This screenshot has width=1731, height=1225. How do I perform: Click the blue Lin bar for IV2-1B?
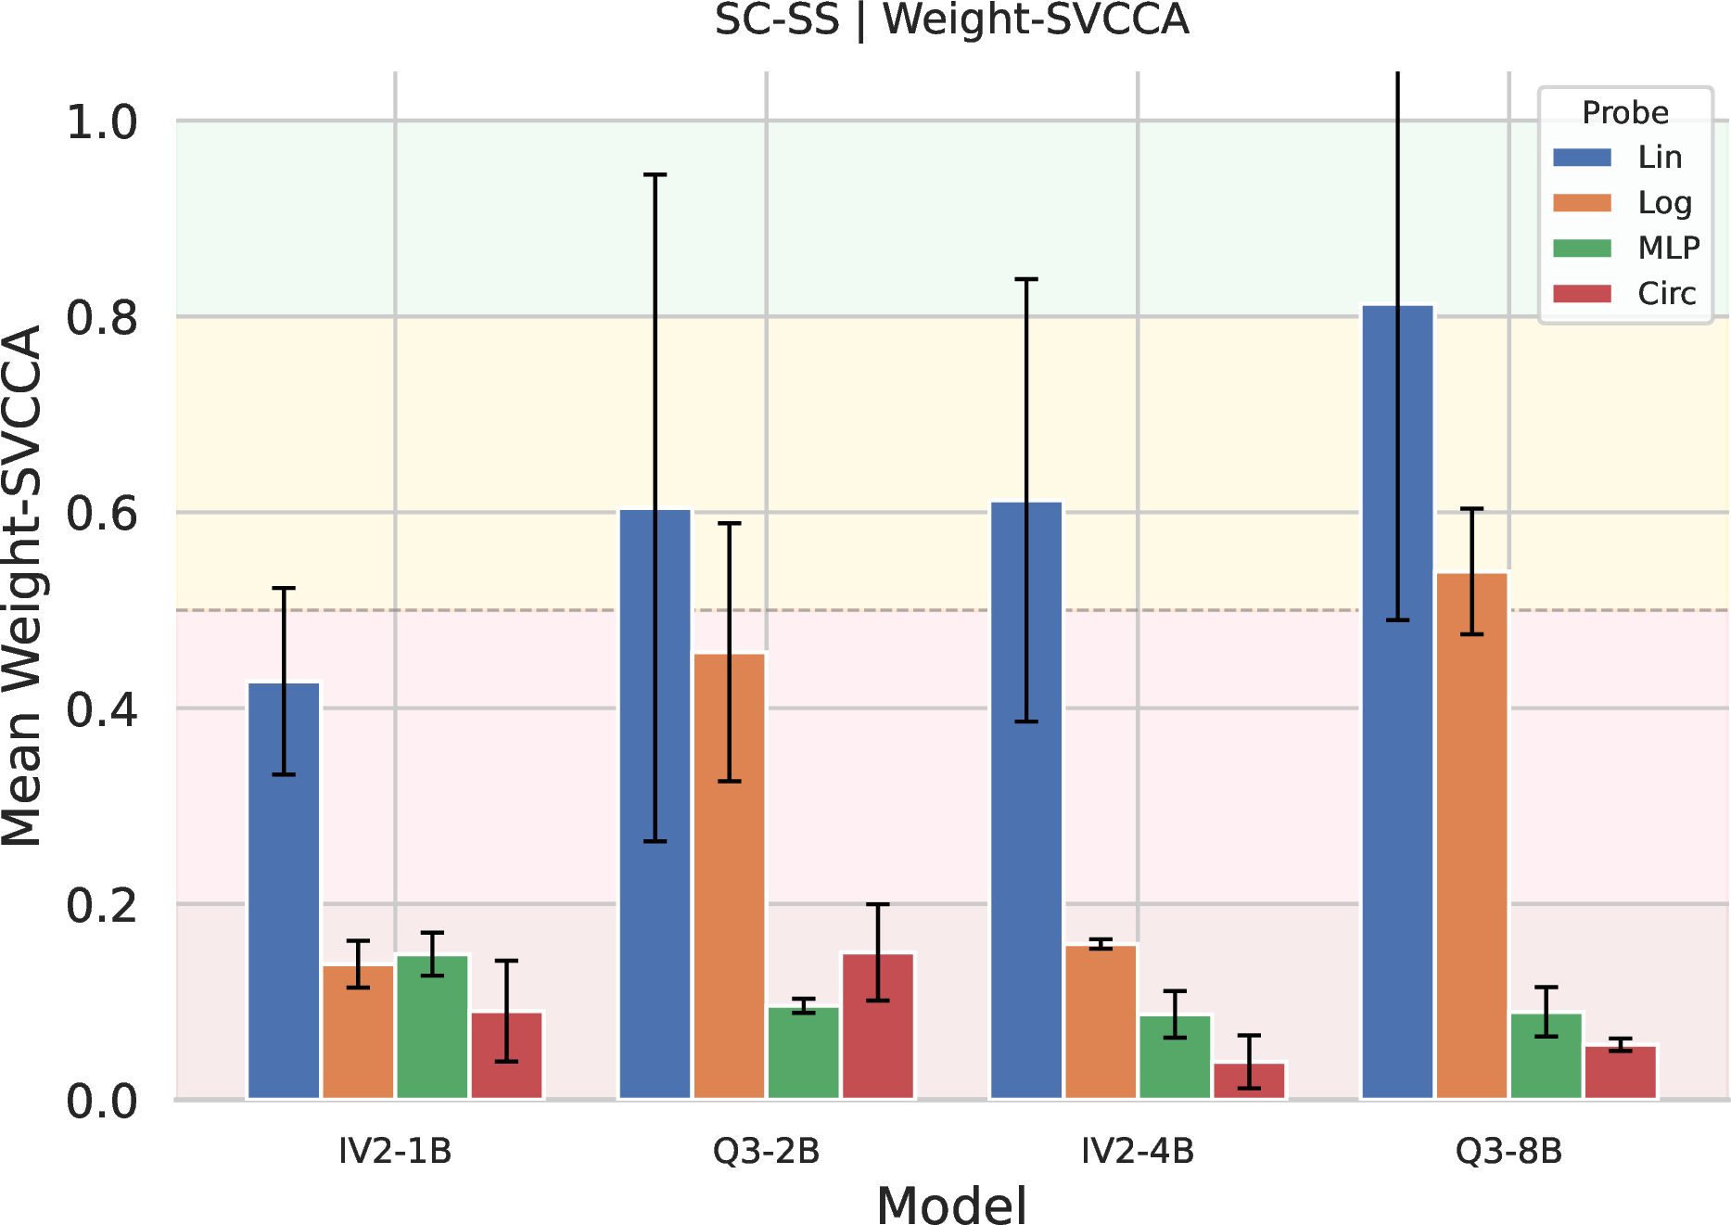tap(284, 891)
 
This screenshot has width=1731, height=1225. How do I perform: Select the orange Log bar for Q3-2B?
tap(730, 876)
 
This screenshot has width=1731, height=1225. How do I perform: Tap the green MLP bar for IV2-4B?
tap(1176, 1057)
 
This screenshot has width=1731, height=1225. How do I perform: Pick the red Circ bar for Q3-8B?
tap(1621, 1073)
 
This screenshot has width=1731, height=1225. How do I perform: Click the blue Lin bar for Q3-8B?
tap(1398, 702)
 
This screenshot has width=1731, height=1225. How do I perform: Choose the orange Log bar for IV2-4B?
tap(1101, 1022)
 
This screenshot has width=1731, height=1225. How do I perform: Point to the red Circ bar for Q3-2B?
tap(878, 1027)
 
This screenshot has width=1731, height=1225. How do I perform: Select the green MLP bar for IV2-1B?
tap(432, 1027)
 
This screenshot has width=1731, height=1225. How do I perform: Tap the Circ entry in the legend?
tap(1624, 294)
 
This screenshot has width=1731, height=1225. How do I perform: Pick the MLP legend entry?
tap(1626, 249)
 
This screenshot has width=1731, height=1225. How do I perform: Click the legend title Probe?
tap(1625, 112)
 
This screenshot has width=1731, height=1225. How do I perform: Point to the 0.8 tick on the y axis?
tap(102, 317)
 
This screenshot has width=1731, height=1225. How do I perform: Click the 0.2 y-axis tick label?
tap(102, 905)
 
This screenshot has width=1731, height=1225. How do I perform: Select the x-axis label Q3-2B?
tap(767, 1152)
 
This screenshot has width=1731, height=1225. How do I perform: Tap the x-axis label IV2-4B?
tap(1139, 1152)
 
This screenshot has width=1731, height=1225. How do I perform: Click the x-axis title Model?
tap(952, 1206)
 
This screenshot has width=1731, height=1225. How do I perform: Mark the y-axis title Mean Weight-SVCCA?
tap(22, 586)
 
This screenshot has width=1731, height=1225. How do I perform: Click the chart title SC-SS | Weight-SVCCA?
tap(952, 19)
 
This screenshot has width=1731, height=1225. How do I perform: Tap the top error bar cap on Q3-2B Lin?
tap(655, 174)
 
